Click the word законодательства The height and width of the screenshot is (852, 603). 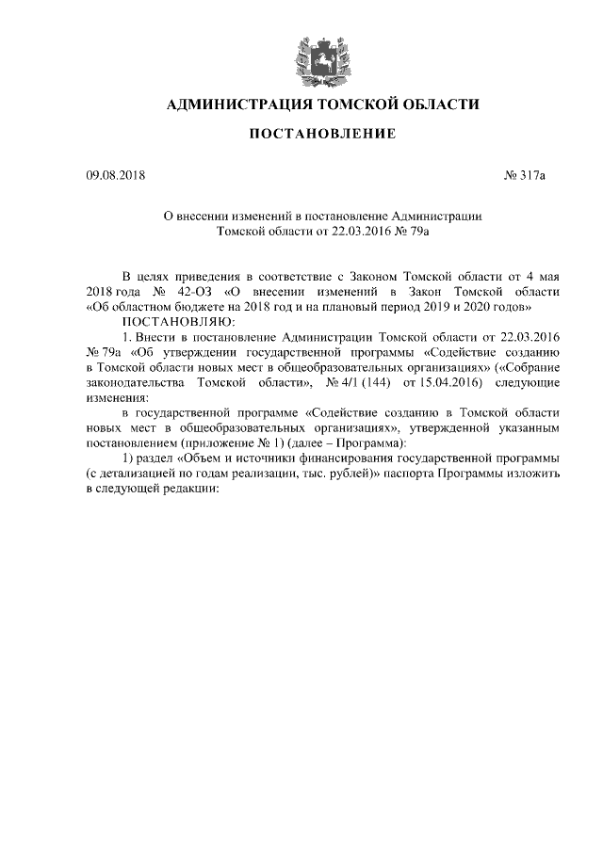[x=136, y=382]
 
